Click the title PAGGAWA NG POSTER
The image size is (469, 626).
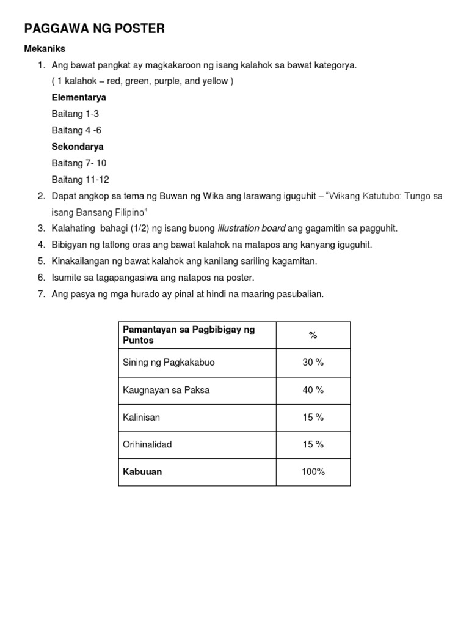coord(94,29)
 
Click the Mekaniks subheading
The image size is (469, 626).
coord(45,48)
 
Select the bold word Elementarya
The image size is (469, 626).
coord(79,98)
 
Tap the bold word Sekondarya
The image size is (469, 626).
coord(78,147)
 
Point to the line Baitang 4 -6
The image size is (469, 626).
coord(76,130)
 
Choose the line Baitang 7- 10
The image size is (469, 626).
coord(79,163)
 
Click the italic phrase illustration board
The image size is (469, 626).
coord(251,229)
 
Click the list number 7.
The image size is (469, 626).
coord(42,294)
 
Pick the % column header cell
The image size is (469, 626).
coord(313,335)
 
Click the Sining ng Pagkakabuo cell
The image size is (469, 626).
coord(169,363)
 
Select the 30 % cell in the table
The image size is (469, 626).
coord(313,363)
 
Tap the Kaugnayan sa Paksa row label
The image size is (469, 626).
coord(166,390)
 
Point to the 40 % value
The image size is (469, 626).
coord(313,390)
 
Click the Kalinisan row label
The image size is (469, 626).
coord(141,418)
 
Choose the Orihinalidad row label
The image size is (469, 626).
coord(147,444)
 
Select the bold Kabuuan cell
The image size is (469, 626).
coord(142,472)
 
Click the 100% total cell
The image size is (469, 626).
coord(313,472)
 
